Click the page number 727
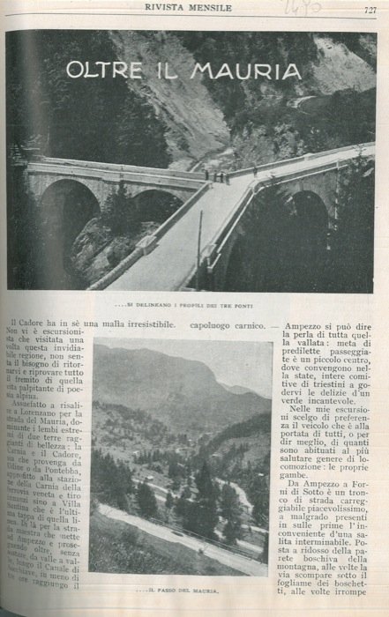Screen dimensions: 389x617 click(x=369, y=10)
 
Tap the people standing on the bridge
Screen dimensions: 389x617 click(x=218, y=176)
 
